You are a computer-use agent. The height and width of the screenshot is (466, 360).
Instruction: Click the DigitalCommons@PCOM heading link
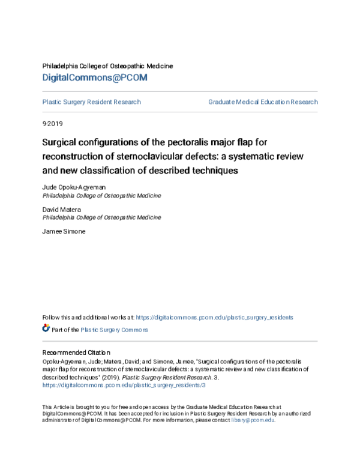click(95, 78)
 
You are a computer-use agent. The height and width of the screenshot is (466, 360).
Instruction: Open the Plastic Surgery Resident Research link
click(92, 102)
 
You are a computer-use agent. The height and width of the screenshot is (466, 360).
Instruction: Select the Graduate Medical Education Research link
click(263, 102)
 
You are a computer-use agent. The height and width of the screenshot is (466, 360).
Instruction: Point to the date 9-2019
click(52, 124)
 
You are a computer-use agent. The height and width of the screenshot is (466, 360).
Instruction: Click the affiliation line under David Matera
click(101, 217)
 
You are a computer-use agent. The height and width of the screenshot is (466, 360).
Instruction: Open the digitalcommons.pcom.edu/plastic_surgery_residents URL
click(215, 317)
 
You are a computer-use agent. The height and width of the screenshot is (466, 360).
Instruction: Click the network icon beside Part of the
click(46, 328)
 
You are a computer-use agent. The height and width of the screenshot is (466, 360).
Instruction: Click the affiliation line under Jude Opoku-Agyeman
click(101, 196)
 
